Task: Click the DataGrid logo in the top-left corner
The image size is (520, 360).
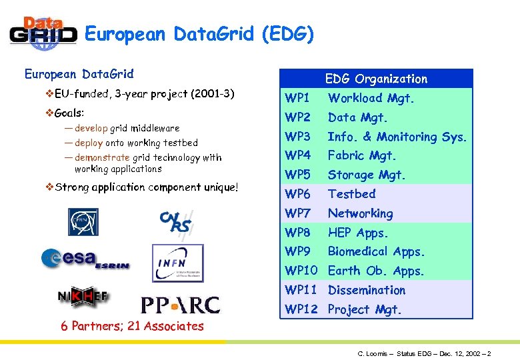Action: (x=43, y=33)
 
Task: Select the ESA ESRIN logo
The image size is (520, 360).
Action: (x=85, y=259)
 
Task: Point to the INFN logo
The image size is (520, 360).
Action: (x=177, y=263)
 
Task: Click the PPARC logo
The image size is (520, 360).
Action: (x=179, y=305)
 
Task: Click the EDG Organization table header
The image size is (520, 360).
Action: (x=376, y=79)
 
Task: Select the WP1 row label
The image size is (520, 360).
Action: (x=297, y=98)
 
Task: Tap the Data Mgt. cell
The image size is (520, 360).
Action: (x=357, y=117)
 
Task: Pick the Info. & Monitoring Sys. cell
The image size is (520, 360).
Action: (x=397, y=137)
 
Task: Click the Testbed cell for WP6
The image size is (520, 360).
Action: (x=351, y=194)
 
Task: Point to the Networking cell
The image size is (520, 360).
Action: (x=360, y=213)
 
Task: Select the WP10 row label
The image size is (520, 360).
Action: (x=301, y=271)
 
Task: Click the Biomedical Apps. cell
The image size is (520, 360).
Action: (x=375, y=251)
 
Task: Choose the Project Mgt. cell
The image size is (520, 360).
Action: (x=365, y=309)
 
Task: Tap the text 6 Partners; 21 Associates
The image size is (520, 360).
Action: (x=132, y=326)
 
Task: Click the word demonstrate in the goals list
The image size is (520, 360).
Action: (x=102, y=157)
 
